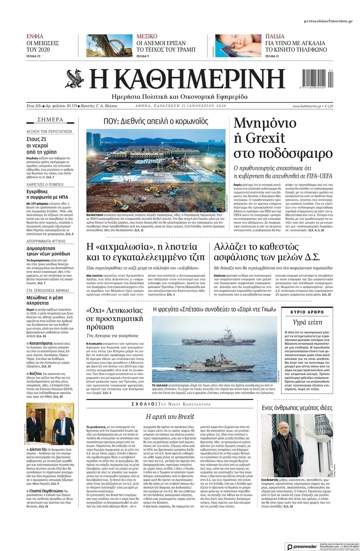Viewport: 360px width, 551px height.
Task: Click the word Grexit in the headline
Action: click(265, 138)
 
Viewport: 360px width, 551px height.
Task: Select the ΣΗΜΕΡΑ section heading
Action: click(50, 120)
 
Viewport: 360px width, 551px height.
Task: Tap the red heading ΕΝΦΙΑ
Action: click(35, 37)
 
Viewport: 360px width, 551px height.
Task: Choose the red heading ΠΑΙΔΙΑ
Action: click(275, 37)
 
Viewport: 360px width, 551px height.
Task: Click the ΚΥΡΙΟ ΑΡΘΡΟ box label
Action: click(307, 312)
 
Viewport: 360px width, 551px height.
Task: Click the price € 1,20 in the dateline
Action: click(329, 106)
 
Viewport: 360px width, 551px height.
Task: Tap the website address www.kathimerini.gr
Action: click(307, 106)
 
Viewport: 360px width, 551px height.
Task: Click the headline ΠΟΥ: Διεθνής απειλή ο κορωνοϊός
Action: click(156, 121)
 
